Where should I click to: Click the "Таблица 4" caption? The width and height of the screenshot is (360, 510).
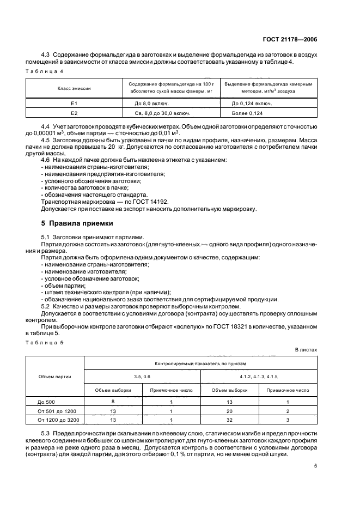pos(46,71)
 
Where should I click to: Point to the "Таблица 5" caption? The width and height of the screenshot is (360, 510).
pos(46,342)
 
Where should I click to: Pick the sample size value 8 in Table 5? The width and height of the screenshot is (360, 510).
pos(112,402)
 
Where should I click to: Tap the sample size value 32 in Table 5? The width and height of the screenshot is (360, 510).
pos(229,420)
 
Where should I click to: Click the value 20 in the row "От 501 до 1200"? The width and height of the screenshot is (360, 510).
pos(229,411)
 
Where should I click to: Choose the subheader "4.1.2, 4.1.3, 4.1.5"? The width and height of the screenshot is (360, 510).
pos(259,376)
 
